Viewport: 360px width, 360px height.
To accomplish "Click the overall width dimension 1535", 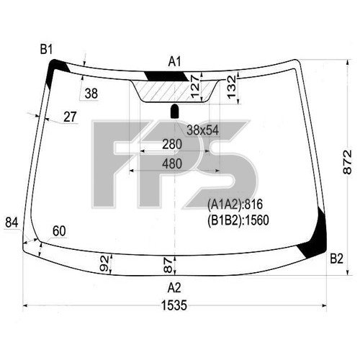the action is (174, 305).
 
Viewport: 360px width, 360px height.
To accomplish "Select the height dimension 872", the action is (347, 162).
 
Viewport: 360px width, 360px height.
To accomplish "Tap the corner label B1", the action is (46, 50).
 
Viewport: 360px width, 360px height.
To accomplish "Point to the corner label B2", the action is (336, 258).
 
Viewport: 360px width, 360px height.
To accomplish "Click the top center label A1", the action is (174, 62).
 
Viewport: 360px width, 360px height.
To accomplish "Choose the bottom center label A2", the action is (174, 287).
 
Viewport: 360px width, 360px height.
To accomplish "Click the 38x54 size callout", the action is (203, 130).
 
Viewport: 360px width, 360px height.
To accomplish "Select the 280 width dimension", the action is (172, 144).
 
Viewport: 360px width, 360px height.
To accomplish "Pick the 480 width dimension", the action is (172, 163).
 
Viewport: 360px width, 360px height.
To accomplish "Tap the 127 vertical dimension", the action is (195, 86).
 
